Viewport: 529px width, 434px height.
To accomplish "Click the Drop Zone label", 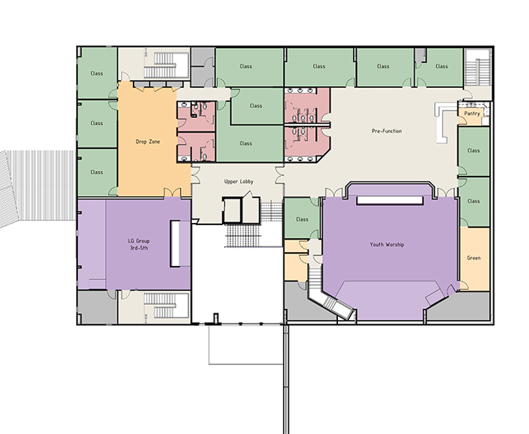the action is pos(147,142).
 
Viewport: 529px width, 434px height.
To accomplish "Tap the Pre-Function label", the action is pos(387,131).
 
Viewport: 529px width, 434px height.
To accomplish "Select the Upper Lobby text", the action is pos(239,181).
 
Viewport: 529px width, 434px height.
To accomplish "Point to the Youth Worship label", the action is pos(387,244).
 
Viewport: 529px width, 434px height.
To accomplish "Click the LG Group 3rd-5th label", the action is pos(139,244).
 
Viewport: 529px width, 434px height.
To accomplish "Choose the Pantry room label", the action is pos(472,114).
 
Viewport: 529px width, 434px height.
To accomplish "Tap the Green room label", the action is pos(473,258).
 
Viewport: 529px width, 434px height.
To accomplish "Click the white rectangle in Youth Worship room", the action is pos(389,200).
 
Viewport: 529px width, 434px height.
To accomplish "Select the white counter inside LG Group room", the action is pos(175,243).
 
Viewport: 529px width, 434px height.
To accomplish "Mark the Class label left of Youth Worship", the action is pos(302,220).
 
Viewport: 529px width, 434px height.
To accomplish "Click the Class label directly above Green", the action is pos(473,201).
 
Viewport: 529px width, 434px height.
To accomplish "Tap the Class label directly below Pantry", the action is pos(473,151).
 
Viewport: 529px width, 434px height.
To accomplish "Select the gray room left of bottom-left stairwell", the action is pos(97,307).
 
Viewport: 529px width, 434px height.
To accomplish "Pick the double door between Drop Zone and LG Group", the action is pos(173,193).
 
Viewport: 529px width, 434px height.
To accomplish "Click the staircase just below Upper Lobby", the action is pos(243,236).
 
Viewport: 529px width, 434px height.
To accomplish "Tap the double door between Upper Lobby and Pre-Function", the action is pos(280,175).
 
